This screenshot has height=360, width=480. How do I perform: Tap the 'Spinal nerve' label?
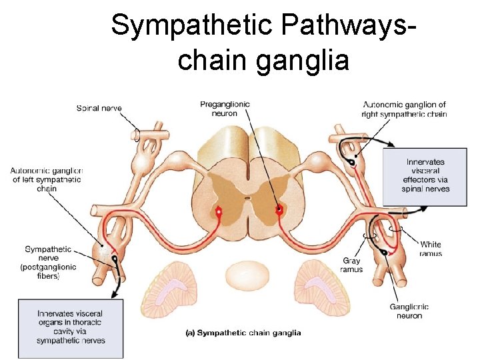click(99, 108)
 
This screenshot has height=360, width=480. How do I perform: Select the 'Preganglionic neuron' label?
click(225, 108)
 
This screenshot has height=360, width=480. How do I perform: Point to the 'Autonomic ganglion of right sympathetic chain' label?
click(404, 109)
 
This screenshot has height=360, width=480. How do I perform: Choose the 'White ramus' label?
click(430, 249)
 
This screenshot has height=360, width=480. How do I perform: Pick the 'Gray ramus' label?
click(352, 265)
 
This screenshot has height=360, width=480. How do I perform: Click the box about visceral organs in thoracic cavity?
click(70, 327)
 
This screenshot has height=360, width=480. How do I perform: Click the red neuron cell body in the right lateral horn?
click(279, 211)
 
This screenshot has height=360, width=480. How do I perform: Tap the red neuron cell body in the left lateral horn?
click(218, 212)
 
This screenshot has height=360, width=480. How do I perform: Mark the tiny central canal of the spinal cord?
click(247, 198)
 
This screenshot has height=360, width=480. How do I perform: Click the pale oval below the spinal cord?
click(247, 275)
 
